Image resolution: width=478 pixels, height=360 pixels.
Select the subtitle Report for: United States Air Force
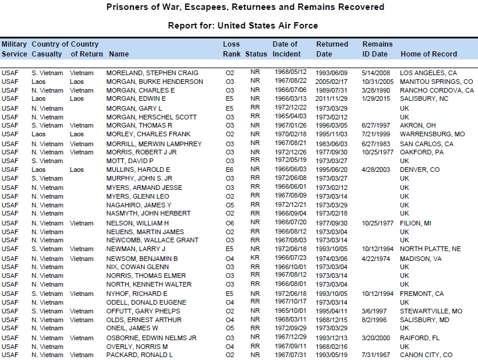coord(243,26)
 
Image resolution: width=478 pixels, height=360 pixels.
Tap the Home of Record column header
coord(429,54)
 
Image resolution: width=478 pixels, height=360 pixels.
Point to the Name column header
coord(119,54)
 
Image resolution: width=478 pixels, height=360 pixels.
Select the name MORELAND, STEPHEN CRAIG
coord(152,73)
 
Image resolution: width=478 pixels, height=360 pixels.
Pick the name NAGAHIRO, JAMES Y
coord(139,205)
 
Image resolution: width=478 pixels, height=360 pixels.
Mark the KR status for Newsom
coord(255,258)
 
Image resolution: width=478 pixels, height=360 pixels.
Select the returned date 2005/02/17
coord(330,82)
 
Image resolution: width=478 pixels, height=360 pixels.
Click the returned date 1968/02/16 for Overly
coord(330,346)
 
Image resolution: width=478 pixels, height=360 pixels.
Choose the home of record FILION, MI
coord(415,223)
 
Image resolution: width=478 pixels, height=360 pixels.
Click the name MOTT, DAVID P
coord(130,161)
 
